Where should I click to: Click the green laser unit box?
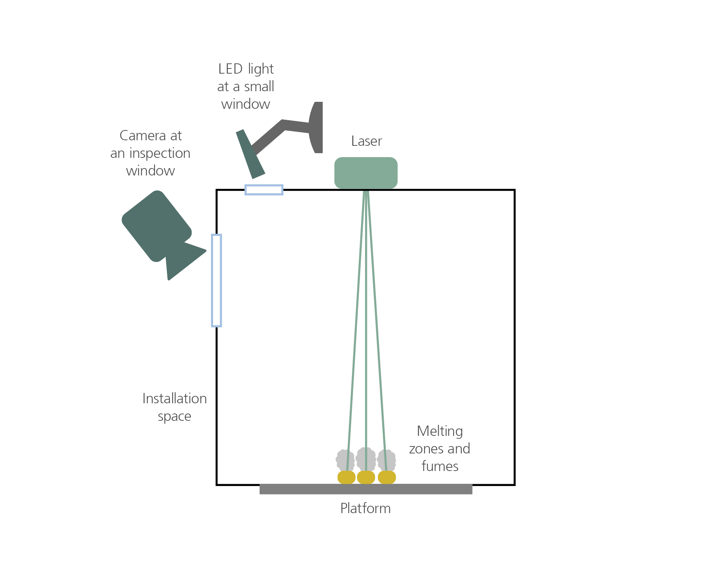coord(366,173)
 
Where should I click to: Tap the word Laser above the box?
coord(367,141)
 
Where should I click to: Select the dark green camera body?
coord(157,226)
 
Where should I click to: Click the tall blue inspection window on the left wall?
coord(216,280)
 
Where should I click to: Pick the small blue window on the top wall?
coord(264,190)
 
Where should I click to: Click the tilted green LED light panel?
coord(250,154)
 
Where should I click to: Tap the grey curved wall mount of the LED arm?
coord(316,127)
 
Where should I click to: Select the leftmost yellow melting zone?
coord(346,477)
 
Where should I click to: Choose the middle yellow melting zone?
coord(366,477)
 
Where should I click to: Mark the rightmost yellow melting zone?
coord(387,477)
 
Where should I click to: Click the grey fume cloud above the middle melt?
coord(366,459)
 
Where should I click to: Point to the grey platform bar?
coord(366,489)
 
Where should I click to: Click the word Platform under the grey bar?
coord(365,508)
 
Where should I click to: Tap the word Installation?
coord(175,398)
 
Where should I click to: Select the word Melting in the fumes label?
coord(440,431)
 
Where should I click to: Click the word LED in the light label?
coord(231,69)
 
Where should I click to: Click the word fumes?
coord(440,466)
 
